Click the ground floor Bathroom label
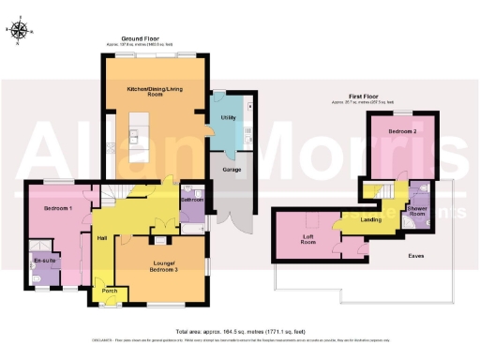192,200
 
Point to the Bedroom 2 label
402,132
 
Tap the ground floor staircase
116,193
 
